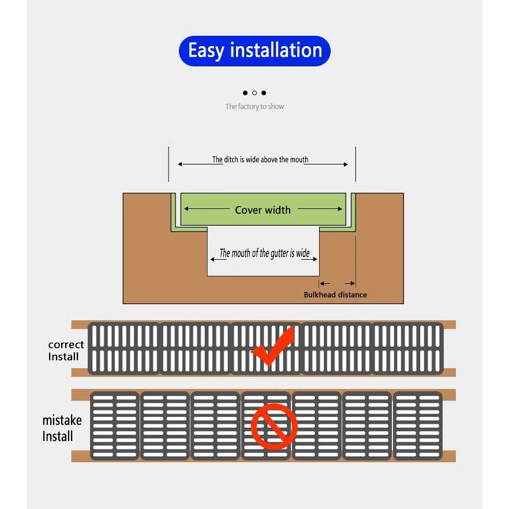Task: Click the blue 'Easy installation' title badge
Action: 254,51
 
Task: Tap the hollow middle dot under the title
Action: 254,93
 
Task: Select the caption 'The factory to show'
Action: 254,107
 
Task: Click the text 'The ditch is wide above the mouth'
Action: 260,160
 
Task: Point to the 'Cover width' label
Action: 263,210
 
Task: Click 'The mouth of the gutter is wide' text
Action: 264,253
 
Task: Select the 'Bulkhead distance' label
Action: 335,295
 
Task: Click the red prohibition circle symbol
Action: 274,427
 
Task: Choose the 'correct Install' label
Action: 66,350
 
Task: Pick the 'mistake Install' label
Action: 62,428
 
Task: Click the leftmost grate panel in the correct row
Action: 124,349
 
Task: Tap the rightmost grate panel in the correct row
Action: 407,349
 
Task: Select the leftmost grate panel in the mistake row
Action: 115,426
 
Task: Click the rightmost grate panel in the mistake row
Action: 417,426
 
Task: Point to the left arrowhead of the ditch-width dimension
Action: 180,164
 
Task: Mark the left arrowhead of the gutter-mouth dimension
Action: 211,260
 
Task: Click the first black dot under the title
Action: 245,93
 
